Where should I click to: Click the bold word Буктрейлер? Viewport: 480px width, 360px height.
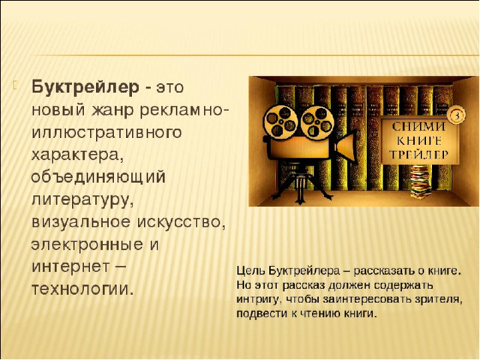point(85,88)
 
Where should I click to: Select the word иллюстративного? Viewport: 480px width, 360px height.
point(106,132)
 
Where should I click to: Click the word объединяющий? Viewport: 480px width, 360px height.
point(98,178)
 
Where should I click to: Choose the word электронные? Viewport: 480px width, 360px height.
point(87,244)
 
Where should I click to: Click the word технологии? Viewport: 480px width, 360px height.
point(83,289)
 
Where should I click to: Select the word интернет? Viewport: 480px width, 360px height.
point(70,267)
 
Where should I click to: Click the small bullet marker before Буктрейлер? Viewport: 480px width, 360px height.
point(15,85)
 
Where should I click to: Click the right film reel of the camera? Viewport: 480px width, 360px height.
point(316,122)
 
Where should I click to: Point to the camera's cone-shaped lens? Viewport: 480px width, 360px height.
point(346,147)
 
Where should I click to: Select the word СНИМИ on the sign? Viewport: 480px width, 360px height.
point(419,127)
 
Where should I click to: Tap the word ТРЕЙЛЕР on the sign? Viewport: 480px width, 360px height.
point(419,154)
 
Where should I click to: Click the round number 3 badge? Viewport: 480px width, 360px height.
point(456,115)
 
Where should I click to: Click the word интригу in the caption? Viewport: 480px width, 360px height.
point(257,299)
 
